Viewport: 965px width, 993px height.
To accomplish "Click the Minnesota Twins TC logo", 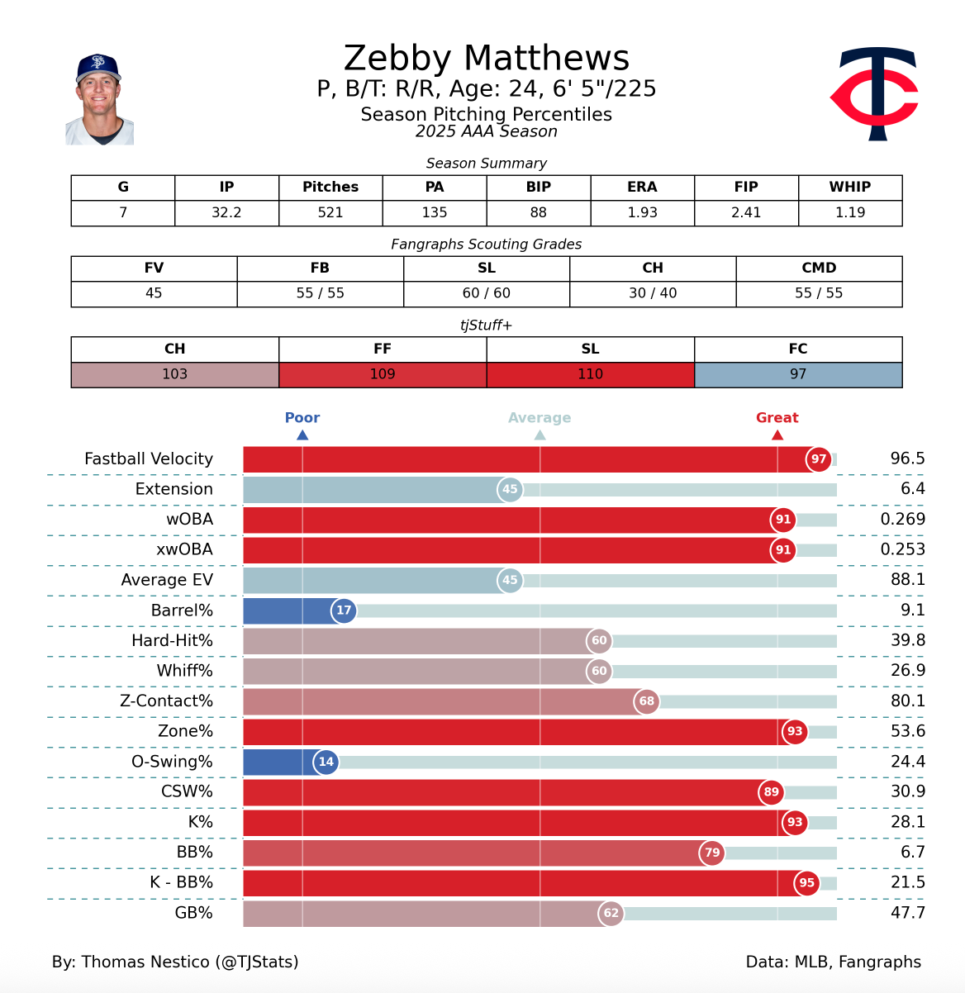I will coord(875,93).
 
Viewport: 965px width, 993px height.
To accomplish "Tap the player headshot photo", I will coord(99,100).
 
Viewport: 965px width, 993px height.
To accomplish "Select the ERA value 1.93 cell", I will coord(642,212).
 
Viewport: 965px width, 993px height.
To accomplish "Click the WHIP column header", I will coord(849,187).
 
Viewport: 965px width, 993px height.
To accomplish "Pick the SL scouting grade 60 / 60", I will coord(486,293).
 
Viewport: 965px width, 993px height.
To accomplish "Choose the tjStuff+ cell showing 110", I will coord(590,374).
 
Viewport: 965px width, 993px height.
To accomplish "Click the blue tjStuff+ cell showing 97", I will coord(797,374).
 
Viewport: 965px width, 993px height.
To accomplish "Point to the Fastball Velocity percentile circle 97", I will coord(818,459).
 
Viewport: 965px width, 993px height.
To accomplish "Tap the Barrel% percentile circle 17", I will coord(344,611).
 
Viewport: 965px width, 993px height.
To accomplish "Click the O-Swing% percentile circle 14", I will coord(326,762).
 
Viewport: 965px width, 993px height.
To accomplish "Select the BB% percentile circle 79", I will coord(711,853).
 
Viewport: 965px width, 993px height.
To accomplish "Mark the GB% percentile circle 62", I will coord(611,913).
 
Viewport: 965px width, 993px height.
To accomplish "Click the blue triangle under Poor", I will coord(302,435).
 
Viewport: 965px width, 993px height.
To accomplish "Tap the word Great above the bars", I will coord(777,418).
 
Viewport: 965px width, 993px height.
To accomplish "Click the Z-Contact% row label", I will coord(166,701).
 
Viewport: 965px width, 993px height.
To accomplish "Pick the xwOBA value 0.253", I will coord(902,549).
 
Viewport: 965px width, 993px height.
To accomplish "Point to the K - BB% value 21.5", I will coord(907,882).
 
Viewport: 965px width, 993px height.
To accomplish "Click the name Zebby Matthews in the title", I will coord(487,59).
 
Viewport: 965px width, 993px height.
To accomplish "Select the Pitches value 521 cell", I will coord(330,212).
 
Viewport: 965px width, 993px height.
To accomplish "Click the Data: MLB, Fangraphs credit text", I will coord(833,962).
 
